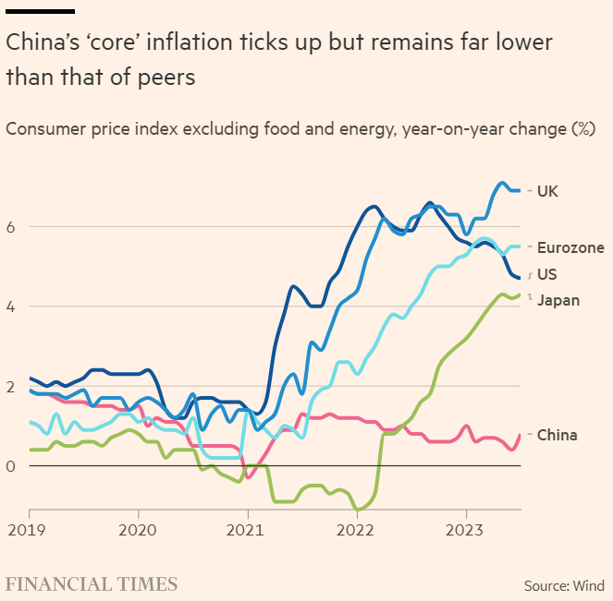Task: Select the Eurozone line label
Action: point(570,247)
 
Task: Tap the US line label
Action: point(546,274)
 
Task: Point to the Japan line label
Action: point(558,300)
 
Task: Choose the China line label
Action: point(558,435)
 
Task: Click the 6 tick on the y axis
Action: point(11,227)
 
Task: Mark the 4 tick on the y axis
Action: point(11,307)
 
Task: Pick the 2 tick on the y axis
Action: point(11,387)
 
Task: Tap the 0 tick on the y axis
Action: point(11,466)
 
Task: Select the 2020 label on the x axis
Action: point(139,533)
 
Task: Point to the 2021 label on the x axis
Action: point(247,533)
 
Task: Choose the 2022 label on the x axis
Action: point(356,533)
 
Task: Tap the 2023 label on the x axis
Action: point(465,533)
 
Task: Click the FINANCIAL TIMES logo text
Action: point(92,584)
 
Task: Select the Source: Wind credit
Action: point(564,585)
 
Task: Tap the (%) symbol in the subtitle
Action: point(582,128)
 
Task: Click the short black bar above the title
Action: point(40,11)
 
